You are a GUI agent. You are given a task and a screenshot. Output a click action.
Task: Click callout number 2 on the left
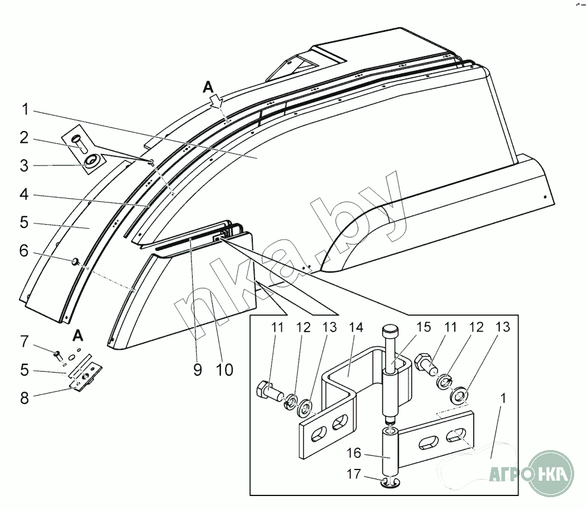click(24, 138)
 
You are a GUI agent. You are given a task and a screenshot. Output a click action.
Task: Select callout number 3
click(24, 166)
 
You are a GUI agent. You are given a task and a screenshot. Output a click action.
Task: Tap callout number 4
click(24, 193)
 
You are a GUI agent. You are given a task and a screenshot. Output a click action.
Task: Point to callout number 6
click(24, 251)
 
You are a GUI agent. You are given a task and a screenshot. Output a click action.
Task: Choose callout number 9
click(197, 370)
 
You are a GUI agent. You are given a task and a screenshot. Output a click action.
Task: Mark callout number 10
click(224, 370)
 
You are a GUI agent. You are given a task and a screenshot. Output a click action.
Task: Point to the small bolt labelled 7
click(58, 354)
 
